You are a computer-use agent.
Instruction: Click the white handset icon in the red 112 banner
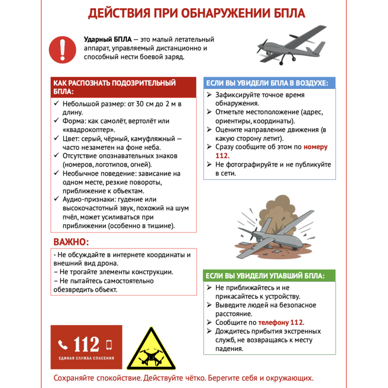63,345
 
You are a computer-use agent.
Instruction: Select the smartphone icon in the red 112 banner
109,345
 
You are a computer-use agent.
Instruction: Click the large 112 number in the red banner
86,344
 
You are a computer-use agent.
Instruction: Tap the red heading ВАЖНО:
70,242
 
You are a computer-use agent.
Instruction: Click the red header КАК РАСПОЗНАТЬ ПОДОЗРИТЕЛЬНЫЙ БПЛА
115,87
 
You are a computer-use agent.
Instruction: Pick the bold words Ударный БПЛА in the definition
108,39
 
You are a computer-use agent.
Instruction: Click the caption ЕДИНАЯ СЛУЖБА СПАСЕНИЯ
86,358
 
